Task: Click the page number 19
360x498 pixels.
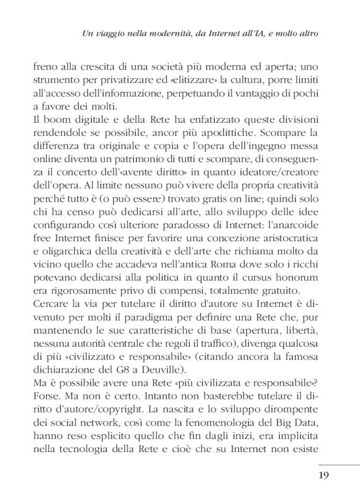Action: click(325, 477)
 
